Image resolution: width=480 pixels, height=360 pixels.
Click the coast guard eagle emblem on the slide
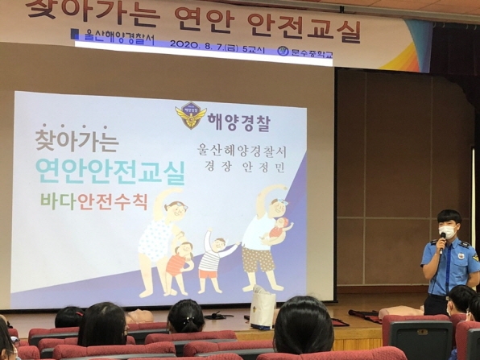[191, 115]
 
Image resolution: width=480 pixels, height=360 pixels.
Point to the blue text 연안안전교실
[110, 169]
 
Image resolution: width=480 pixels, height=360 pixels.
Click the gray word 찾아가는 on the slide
[77, 142]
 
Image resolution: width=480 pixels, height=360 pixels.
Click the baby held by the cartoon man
[279, 229]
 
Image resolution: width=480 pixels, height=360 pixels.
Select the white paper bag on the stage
[263, 308]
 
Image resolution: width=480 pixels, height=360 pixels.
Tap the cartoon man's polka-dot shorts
[259, 259]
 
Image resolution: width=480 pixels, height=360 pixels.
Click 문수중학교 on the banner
[311, 53]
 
